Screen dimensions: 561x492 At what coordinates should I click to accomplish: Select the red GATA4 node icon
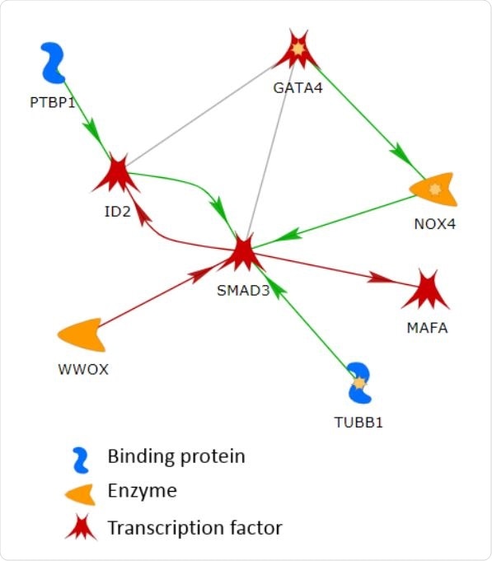tap(297, 51)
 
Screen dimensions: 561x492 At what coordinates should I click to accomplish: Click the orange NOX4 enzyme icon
tap(434, 190)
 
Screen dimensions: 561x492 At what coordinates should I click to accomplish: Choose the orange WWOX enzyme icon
tap(82, 334)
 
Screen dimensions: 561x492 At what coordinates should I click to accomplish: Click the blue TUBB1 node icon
tap(358, 383)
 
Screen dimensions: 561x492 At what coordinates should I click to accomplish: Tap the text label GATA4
tap(298, 86)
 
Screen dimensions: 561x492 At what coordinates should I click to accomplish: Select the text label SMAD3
tap(243, 290)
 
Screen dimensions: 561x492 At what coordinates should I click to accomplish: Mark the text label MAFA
tap(428, 328)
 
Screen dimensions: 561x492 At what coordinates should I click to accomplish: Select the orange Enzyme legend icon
tap(81, 493)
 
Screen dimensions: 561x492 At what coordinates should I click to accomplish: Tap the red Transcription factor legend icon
tap(81, 527)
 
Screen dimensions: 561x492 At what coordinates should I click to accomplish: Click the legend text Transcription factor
tap(194, 526)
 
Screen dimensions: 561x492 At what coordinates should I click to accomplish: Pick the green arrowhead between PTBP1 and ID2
tap(95, 129)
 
